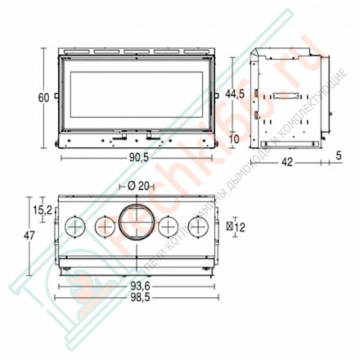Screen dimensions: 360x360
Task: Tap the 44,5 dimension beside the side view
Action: [x=236, y=95]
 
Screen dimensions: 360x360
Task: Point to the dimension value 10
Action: [x=236, y=138]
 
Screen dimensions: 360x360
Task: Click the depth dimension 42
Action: [x=286, y=162]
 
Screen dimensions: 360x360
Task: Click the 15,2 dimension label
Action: [x=41, y=210]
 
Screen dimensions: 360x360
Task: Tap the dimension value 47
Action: [x=29, y=236]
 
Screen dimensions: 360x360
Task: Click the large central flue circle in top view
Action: [x=135, y=223]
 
